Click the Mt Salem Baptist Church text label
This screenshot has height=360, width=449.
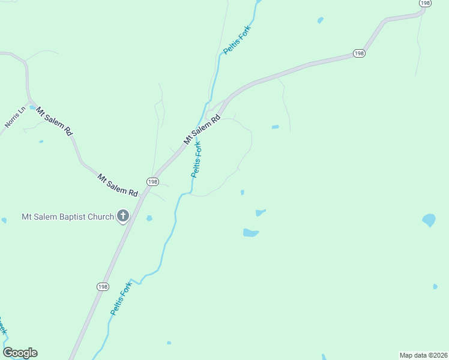pos(67,217)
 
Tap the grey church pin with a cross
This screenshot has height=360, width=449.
pos(124,216)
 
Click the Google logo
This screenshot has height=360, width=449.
pos(20,353)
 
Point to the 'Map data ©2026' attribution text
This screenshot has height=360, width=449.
pos(423,355)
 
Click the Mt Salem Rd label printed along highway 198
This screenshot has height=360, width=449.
pos(202,130)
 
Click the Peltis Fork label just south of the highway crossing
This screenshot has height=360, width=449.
pos(197,159)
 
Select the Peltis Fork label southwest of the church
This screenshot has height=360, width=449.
pos(121,299)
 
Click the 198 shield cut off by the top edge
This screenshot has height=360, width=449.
pos(425,3)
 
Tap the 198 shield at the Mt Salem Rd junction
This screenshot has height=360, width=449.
pos(152,181)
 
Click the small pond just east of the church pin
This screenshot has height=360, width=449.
pos(149,218)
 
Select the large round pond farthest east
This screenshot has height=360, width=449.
pos(429,220)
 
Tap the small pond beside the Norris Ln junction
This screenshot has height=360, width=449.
pos(32,108)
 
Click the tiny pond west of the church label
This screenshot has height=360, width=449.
pos(4,220)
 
